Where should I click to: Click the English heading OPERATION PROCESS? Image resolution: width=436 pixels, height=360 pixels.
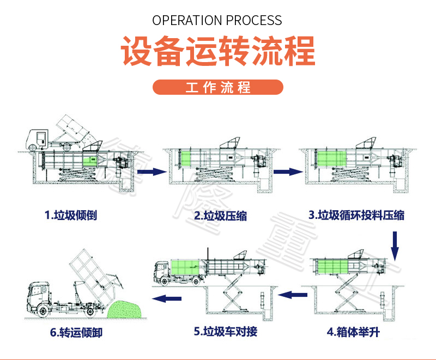coord(217,21)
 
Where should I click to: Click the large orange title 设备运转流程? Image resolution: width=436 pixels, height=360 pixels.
coord(217,52)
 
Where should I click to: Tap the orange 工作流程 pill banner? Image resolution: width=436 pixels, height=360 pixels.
coord(218,88)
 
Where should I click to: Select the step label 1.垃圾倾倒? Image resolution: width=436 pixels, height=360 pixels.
coord(71,215)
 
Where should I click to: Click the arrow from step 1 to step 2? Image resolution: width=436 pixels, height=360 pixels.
coord(151,172)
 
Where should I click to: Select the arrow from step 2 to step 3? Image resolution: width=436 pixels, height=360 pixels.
coord(288,172)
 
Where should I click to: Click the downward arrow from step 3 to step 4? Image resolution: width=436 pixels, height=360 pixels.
coord(396,245)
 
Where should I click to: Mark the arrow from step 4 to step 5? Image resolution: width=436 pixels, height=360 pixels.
coord(293,295)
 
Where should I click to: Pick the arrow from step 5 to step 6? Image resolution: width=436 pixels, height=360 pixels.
coord(166,298)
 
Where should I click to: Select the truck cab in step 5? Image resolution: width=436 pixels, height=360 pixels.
coord(162,271)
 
